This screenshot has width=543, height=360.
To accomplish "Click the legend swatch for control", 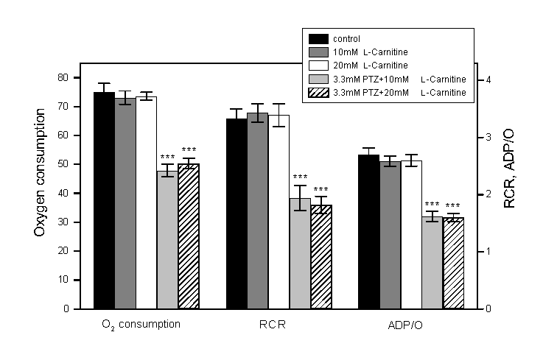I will point(318,38).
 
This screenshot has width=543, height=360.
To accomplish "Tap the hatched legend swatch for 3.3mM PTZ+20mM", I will point(318,91).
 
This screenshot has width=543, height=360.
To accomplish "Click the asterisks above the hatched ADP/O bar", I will point(452,205).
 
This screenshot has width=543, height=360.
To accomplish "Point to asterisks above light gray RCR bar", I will point(300,177).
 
